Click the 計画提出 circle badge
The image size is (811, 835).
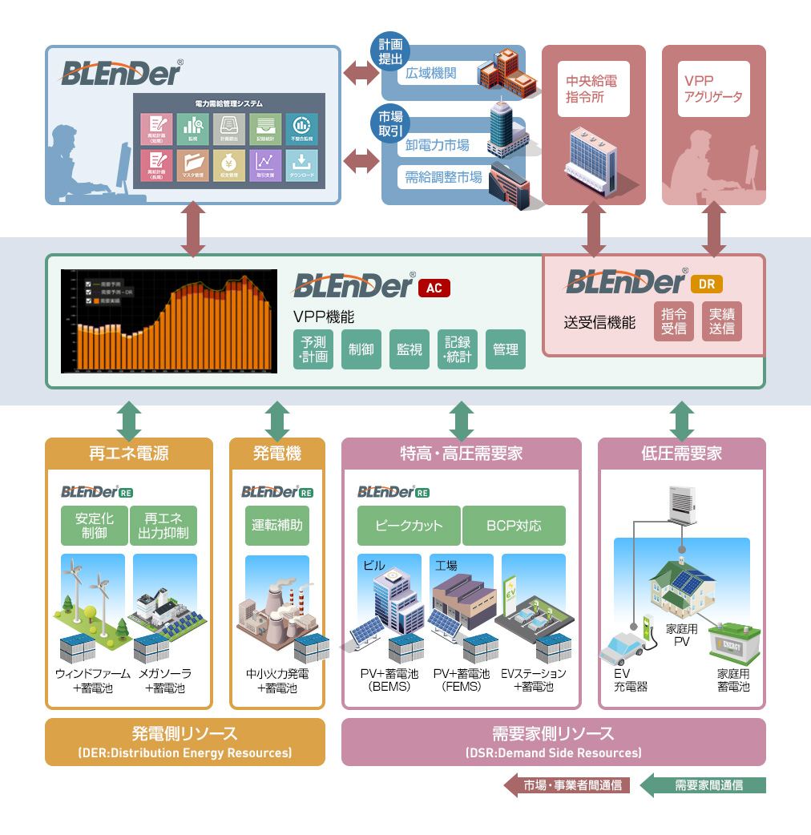point(390,51)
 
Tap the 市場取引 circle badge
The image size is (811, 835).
point(390,122)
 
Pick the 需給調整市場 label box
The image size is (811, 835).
point(443,177)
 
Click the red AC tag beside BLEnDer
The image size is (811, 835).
point(434,288)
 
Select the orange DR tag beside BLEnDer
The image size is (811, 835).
point(706,284)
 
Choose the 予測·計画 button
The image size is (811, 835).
point(313,349)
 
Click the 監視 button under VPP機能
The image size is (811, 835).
point(410,349)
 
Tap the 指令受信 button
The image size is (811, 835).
point(674,321)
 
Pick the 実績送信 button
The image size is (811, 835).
point(722,321)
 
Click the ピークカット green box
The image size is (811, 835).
point(409,526)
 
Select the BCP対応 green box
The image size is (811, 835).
point(514,526)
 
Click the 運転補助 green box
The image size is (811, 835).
point(276,526)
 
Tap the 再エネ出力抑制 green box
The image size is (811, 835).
point(163,526)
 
